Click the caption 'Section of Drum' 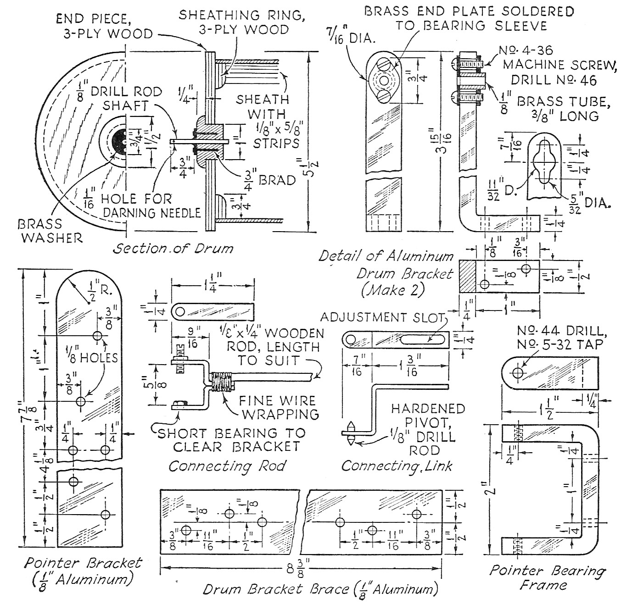pyautogui.click(x=173, y=249)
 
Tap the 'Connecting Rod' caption pyautogui.click(x=227, y=466)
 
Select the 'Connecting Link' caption pyautogui.click(x=397, y=466)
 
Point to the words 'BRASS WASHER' pyautogui.click(x=50, y=231)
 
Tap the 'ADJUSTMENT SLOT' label pyautogui.click(x=383, y=317)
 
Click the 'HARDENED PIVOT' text pyautogui.click(x=421, y=415)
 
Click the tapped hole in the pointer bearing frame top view pyautogui.click(x=518, y=372)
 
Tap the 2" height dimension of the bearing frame pyautogui.click(x=492, y=490)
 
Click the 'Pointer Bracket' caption pyautogui.click(x=83, y=563)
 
